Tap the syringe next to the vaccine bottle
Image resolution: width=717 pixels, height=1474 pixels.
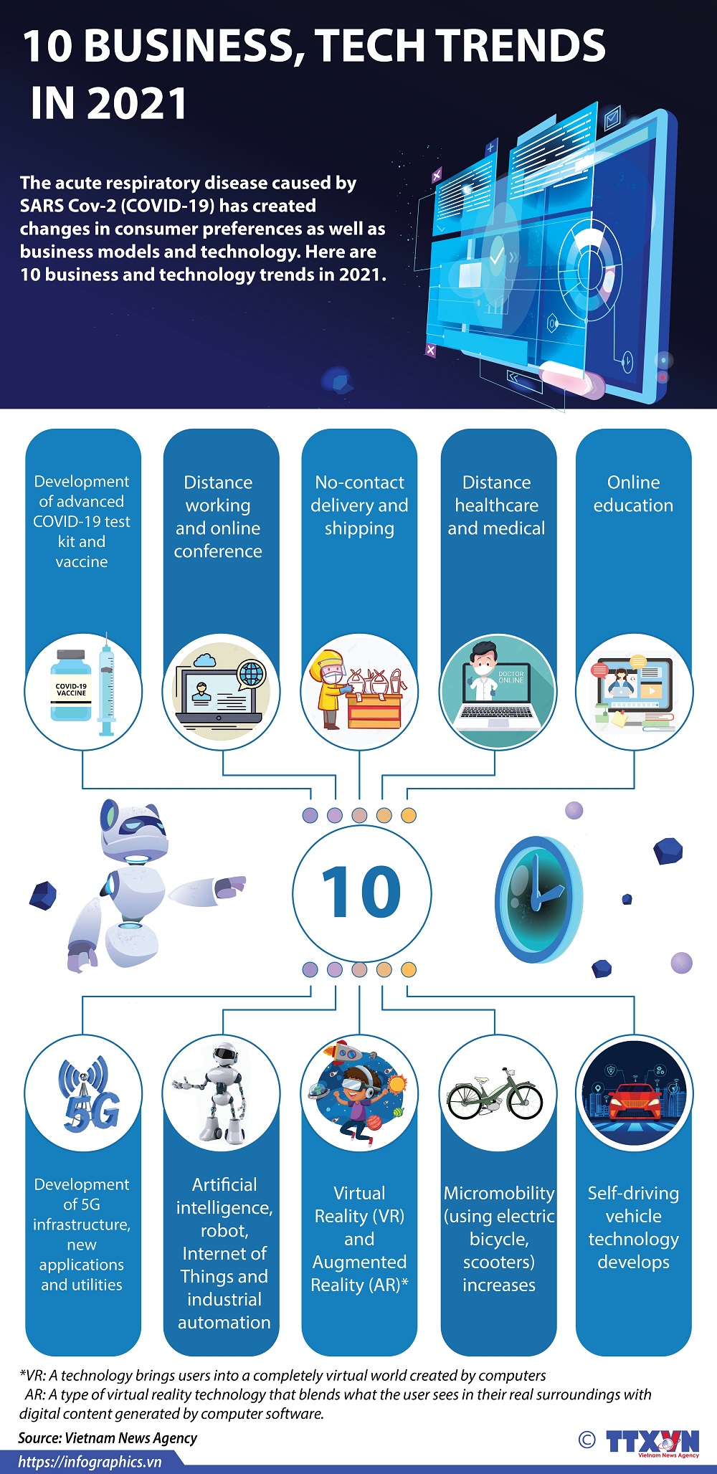click(x=106, y=685)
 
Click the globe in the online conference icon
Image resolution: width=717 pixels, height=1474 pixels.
click(x=251, y=674)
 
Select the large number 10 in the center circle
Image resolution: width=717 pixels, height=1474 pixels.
click(x=361, y=891)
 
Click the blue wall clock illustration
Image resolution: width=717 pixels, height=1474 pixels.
click(x=538, y=899)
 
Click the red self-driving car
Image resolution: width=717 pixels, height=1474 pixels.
click(x=634, y=1101)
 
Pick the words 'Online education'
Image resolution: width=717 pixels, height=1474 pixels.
click(x=633, y=494)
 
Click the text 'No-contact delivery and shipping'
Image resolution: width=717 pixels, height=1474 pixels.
click(x=359, y=505)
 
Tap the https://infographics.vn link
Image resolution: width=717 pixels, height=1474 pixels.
click(x=90, y=1463)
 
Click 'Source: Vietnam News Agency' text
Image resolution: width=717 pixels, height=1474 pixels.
click(x=108, y=1437)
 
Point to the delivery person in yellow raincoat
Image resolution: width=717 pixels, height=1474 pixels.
click(x=331, y=689)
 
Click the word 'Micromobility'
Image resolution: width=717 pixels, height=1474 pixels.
click(x=499, y=1193)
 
